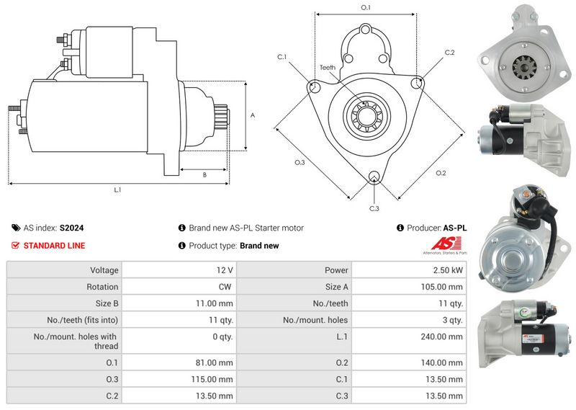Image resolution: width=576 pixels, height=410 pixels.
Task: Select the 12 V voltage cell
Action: click(224, 270)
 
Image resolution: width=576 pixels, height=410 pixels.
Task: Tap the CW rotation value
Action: click(225, 287)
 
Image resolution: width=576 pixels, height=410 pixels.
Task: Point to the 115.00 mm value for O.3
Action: click(215, 379)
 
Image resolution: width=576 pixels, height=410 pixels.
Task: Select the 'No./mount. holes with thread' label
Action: click(76, 341)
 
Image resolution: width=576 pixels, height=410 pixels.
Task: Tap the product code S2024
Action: click(72, 228)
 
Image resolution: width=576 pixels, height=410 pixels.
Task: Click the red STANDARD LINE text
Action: click(54, 246)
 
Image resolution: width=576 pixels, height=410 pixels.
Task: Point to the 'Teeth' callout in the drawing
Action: click(328, 68)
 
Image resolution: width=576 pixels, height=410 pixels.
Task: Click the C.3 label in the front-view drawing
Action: click(374, 208)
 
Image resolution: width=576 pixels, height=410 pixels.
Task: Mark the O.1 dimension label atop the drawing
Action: click(365, 7)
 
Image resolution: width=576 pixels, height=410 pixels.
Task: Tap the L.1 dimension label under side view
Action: click(117, 191)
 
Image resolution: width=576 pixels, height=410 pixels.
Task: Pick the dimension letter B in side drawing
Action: click(204, 174)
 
